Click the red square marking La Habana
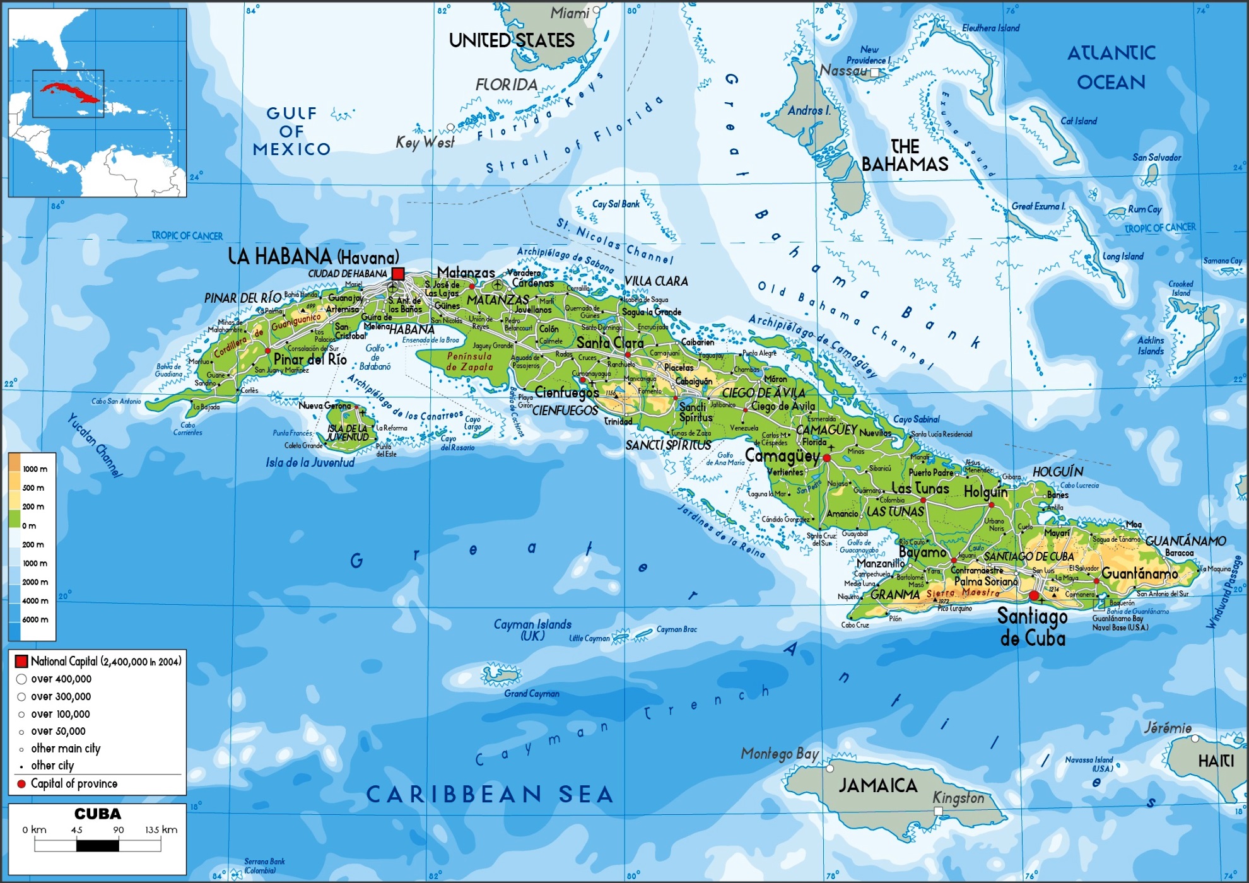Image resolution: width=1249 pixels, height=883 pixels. click(398, 274)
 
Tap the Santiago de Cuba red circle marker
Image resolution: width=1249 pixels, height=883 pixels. click(1033, 595)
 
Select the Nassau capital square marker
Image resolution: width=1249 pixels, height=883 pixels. click(874, 73)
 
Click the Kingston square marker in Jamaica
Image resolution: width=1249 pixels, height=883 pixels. click(938, 811)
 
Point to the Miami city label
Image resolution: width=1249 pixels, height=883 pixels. click(570, 13)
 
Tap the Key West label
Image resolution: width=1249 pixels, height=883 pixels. click(425, 143)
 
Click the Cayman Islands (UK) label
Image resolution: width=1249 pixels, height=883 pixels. click(532, 629)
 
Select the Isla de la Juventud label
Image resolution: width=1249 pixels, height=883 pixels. click(310, 462)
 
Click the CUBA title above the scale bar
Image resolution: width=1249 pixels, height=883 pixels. click(97, 814)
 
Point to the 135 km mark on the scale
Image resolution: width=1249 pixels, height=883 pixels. click(161, 830)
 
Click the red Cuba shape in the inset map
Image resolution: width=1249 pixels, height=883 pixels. click(69, 93)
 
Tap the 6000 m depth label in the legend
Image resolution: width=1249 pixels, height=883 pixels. click(35, 620)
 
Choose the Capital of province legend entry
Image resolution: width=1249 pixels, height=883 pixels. click(73, 783)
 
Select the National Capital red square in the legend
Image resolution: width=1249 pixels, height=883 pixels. click(21, 661)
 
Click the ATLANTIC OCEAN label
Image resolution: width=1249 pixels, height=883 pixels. click(1111, 67)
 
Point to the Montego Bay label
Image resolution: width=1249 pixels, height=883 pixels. click(780, 754)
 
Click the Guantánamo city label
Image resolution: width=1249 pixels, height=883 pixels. click(1139, 573)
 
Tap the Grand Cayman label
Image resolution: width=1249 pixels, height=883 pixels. click(531, 694)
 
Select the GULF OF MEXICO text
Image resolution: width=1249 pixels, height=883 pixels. click(291, 131)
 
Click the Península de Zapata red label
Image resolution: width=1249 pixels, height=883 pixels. click(469, 361)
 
